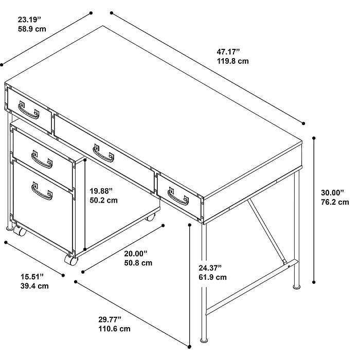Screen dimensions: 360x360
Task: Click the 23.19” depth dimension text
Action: click(x=29, y=20)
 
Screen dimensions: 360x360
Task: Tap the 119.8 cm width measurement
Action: click(x=233, y=61)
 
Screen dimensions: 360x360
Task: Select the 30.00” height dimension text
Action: click(x=332, y=192)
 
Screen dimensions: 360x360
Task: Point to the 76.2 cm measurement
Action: click(x=335, y=202)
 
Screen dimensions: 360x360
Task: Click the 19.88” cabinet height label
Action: click(x=101, y=191)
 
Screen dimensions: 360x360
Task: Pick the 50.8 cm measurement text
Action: click(x=138, y=263)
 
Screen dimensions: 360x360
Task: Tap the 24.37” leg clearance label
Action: click(x=210, y=268)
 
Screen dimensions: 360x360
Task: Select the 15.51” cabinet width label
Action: click(x=32, y=277)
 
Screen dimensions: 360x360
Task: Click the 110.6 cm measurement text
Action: click(x=114, y=329)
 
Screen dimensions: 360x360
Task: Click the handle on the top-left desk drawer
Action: click(x=29, y=110)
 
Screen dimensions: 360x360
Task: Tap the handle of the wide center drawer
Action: click(x=103, y=153)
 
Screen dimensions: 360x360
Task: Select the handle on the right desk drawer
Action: click(x=178, y=196)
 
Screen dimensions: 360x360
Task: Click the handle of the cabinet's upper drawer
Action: click(x=42, y=159)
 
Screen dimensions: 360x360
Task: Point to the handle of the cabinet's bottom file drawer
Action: click(x=42, y=191)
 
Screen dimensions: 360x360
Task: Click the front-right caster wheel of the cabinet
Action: click(x=71, y=260)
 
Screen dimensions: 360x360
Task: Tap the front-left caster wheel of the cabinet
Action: click(x=20, y=231)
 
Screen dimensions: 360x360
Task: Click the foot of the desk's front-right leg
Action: click(x=204, y=340)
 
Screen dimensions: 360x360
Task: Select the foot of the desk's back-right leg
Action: click(x=296, y=286)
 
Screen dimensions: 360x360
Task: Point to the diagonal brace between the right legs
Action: click(x=267, y=231)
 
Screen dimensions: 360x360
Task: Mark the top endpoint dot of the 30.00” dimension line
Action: click(x=314, y=138)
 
